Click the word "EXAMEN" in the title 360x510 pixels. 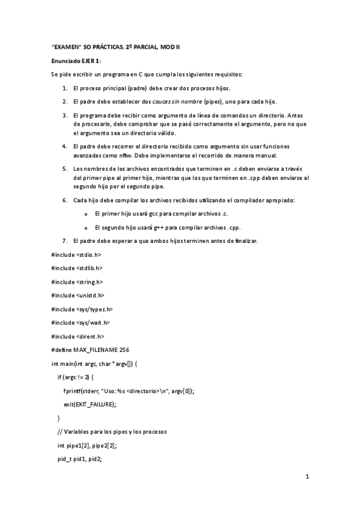coord(66,46)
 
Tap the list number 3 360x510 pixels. coord(65,115)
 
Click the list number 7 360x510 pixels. coord(65,241)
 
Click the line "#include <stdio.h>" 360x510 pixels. coord(76,254)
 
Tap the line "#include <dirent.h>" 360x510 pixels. coord(78,337)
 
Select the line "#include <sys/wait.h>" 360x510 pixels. coord(82,323)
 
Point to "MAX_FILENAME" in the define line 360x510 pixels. coord(96,350)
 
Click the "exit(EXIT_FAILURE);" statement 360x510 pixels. coord(90,404)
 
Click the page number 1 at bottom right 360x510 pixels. coord(307,478)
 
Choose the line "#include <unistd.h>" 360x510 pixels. coord(78,295)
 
